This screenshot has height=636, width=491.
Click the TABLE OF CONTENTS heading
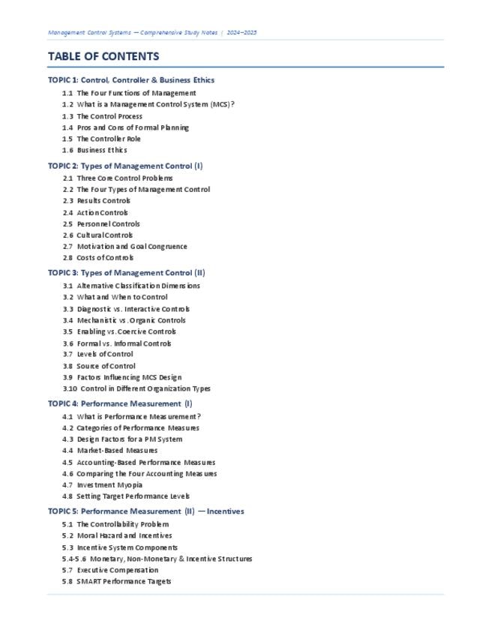(103, 56)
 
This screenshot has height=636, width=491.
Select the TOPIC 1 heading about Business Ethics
(131, 79)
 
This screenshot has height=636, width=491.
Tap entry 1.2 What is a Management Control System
(148, 104)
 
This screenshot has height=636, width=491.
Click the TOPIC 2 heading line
(125, 166)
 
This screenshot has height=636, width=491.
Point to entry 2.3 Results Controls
(97, 201)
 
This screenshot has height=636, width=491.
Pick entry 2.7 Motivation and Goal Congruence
(124, 246)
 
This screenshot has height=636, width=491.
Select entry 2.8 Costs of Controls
(97, 257)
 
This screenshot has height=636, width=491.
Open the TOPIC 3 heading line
(126, 273)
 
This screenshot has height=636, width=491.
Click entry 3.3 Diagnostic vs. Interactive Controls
(126, 308)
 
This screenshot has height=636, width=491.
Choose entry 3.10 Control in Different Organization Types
(136, 388)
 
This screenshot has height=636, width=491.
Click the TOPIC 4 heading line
(120, 403)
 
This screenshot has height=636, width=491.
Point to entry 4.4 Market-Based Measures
(110, 451)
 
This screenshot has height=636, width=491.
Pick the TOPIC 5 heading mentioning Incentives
(146, 511)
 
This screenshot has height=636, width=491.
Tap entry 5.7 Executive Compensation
(110, 570)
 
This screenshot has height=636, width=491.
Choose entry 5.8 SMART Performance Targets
(117, 581)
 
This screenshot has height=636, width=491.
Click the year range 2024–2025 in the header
(242, 33)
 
